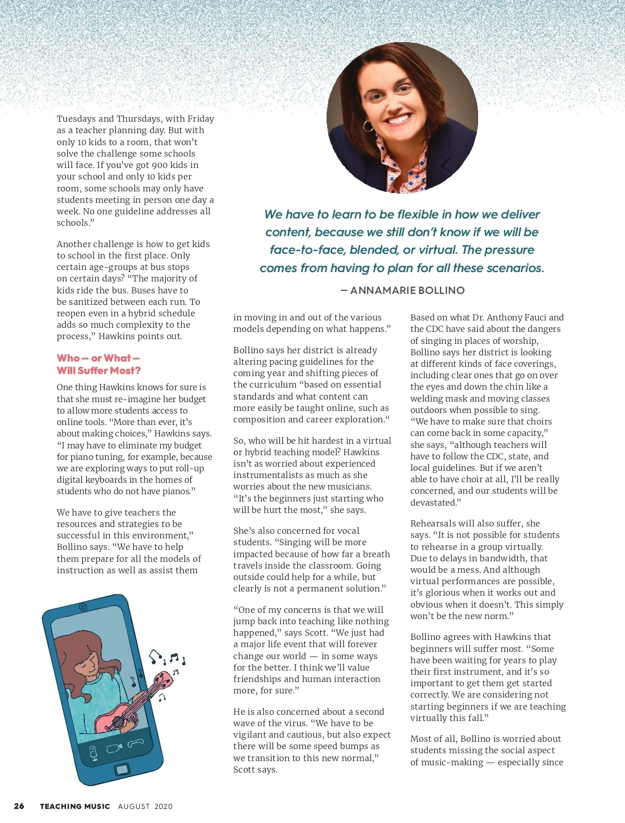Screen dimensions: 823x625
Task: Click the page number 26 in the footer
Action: tap(19, 806)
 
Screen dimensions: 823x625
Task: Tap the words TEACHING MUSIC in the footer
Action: tap(75, 806)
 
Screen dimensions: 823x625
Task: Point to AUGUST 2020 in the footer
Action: tap(145, 806)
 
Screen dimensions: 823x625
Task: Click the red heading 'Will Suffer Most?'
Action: tap(99, 370)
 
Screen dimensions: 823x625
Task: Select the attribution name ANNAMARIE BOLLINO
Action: tap(407, 290)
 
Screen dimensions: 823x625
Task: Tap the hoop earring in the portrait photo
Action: tap(368, 126)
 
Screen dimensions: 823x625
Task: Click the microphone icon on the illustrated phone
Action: tap(94, 753)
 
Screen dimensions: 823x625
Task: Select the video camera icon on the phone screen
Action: tap(114, 749)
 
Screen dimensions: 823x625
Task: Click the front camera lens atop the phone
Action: tap(83, 607)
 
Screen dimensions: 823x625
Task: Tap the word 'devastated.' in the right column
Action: tap(435, 503)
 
